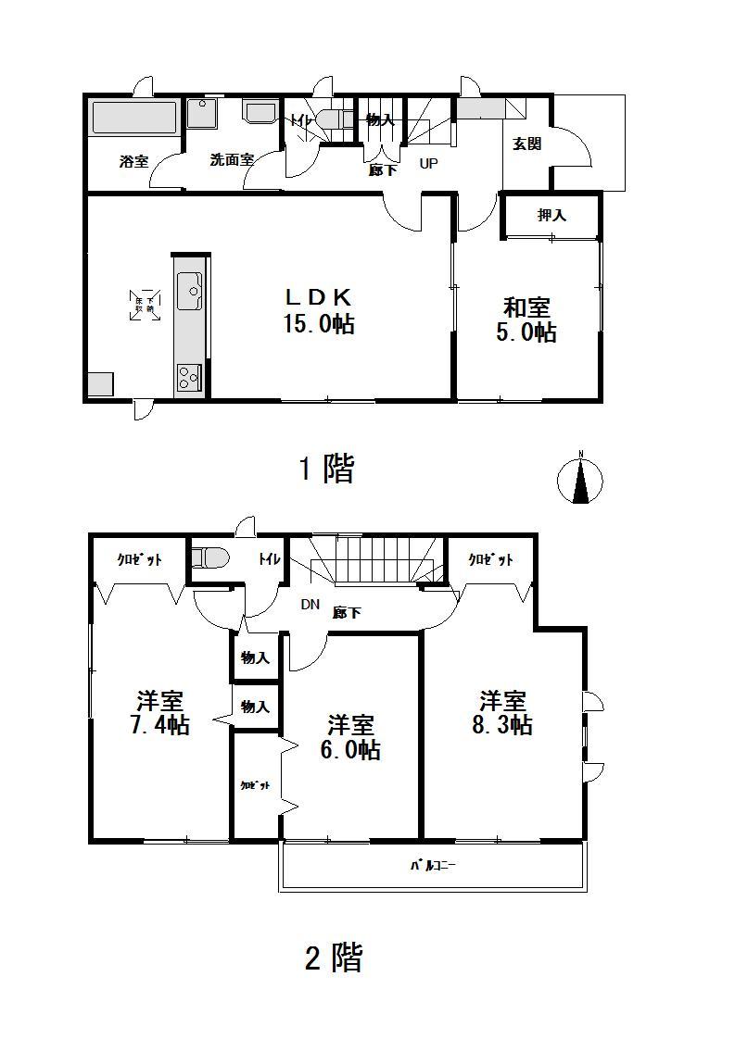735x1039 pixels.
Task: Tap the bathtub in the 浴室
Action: [134, 118]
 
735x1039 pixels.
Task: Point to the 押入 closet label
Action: [551, 215]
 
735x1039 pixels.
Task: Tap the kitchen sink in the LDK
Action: [191, 291]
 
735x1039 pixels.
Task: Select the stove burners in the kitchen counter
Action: [189, 378]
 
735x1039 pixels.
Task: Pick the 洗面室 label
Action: [231, 160]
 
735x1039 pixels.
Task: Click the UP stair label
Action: [428, 164]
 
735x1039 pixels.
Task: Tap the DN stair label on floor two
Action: [310, 605]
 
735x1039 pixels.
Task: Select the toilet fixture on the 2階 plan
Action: [210, 557]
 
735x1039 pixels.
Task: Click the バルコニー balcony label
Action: [435, 867]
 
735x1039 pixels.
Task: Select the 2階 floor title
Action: [333, 957]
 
